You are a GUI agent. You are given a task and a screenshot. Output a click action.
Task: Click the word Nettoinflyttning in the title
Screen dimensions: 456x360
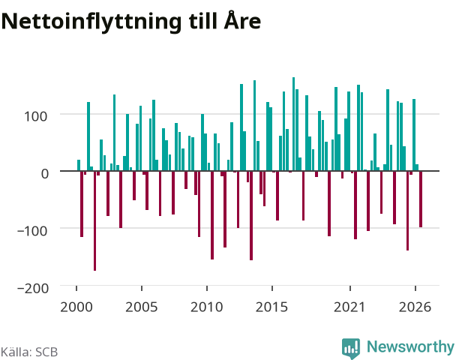point(91,22)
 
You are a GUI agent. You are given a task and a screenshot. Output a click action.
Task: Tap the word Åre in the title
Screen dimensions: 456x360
point(242,19)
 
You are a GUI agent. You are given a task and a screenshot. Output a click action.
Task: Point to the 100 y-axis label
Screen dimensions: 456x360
point(35,116)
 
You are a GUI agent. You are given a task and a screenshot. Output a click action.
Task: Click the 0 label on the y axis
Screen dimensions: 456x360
point(44,173)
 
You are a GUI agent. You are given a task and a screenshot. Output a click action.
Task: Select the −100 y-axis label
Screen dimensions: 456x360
point(32,231)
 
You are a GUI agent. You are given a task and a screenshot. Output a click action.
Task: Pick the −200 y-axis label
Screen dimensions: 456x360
point(33,288)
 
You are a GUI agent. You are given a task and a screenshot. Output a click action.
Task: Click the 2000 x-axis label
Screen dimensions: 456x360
point(76,307)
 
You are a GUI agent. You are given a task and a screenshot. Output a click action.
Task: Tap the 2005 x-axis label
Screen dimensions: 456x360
point(142,307)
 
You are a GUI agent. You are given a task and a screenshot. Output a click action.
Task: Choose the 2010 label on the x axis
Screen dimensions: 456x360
point(207,307)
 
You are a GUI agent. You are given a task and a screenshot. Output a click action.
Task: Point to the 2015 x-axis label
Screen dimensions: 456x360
point(272,307)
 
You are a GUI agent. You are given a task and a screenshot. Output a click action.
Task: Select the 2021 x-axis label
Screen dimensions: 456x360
point(349,307)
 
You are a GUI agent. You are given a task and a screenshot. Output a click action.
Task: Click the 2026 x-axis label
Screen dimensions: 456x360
point(415,307)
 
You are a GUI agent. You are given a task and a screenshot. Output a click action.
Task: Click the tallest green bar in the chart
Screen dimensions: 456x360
point(293,124)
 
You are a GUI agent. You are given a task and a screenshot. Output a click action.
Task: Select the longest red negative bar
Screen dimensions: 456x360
point(94,220)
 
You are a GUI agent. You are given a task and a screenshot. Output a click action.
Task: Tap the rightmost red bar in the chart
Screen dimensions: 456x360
point(421,199)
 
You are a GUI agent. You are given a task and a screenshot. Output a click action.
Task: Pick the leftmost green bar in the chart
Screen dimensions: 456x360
point(79,165)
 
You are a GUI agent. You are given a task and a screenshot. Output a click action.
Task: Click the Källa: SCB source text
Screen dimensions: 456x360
point(29,352)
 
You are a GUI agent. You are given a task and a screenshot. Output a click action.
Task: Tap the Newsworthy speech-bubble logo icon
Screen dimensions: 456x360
point(351,348)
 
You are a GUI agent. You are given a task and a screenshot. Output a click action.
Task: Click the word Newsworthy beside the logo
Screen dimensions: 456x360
point(410,347)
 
